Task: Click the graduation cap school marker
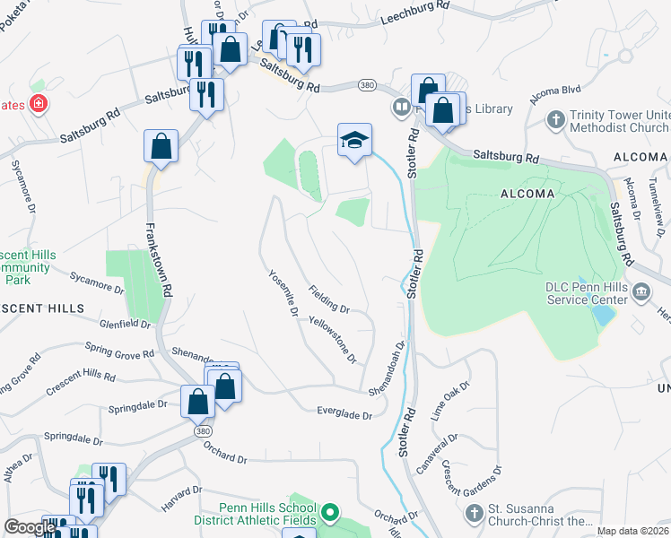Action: tap(354, 140)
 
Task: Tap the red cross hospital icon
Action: tap(38, 104)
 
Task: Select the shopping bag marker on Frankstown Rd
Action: tap(161, 147)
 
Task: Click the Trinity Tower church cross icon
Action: tap(556, 118)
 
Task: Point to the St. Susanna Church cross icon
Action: tap(475, 514)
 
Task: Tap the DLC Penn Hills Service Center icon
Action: tap(642, 291)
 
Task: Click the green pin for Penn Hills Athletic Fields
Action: tap(330, 513)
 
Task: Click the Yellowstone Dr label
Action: tap(333, 339)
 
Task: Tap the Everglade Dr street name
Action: tap(344, 412)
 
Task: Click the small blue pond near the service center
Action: tap(604, 315)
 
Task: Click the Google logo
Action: tap(30, 528)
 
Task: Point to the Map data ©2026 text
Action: tap(632, 531)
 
